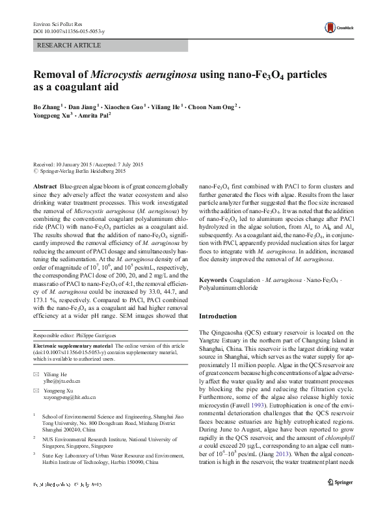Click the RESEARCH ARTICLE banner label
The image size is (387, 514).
click(x=70, y=45)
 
